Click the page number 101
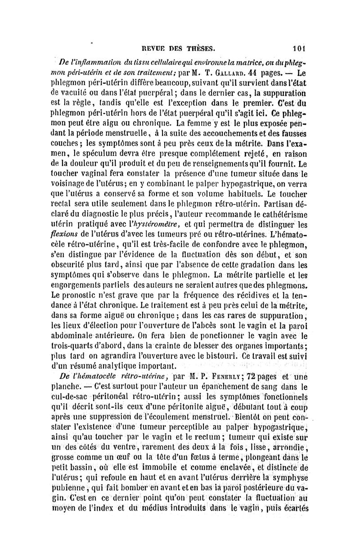(298, 47)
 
